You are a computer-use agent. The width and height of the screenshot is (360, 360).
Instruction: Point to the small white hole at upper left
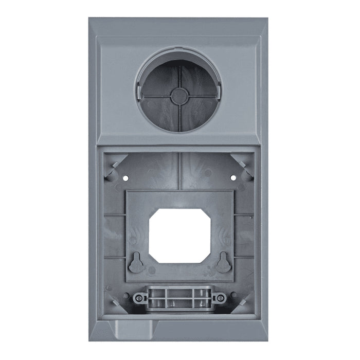125,178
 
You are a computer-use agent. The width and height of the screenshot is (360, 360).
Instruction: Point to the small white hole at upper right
233,178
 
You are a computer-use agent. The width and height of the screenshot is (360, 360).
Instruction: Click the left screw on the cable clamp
138,298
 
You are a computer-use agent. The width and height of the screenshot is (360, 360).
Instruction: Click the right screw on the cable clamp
220,298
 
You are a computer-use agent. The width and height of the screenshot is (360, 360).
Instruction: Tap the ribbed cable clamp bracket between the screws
179,297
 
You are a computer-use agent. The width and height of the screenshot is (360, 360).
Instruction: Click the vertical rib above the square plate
178,170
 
